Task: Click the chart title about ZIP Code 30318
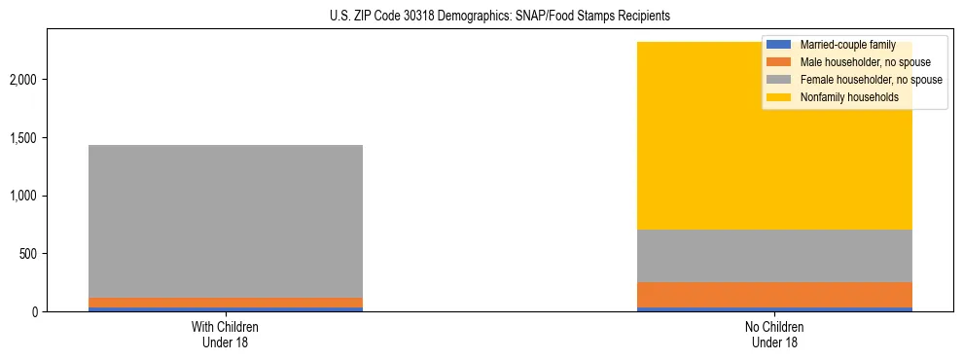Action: coord(482,17)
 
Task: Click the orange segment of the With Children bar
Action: coord(226,303)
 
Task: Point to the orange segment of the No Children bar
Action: coord(775,295)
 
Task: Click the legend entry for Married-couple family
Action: coord(846,45)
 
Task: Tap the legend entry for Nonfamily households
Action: coord(842,97)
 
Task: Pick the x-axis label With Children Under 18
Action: coord(226,334)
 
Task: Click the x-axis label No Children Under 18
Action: coord(775,334)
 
